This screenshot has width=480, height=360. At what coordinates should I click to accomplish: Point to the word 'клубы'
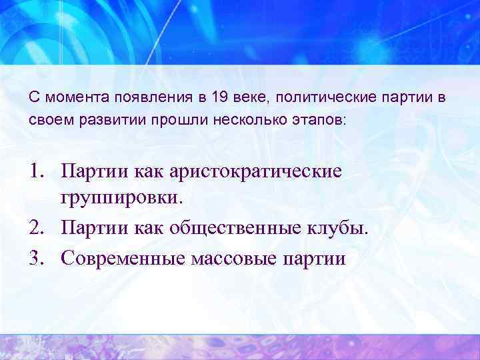pos(339,229)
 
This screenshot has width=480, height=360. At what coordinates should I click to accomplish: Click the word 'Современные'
pos(127,257)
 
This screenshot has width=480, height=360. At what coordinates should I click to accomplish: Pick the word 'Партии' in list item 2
pos(90,229)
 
